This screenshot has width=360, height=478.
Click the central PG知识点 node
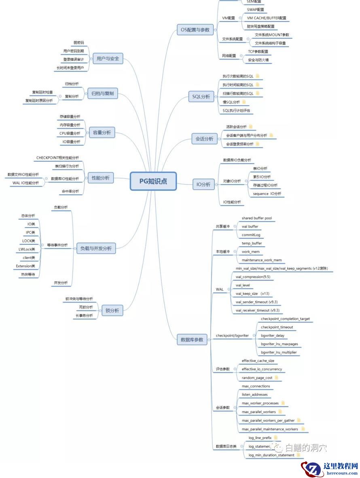click(153, 181)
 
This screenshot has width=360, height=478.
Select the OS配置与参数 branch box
click(196, 30)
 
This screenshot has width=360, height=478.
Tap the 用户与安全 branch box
click(107, 58)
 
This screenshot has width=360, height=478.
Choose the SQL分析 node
click(201, 96)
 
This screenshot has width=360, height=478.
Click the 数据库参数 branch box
click(192, 340)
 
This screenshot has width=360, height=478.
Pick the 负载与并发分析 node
click(96, 248)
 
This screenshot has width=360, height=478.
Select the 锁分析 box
click(112, 311)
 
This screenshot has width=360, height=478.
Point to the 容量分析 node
click(102, 132)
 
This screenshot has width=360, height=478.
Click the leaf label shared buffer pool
click(256, 218)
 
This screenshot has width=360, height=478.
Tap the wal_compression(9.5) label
click(253, 277)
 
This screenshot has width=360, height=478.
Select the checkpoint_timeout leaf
click(277, 327)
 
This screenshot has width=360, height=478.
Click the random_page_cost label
click(257, 378)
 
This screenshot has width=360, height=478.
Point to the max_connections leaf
click(256, 386)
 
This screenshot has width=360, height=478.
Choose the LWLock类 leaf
click(27, 249)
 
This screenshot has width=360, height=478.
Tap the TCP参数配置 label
click(258, 52)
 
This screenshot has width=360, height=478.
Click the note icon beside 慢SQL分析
click(244, 102)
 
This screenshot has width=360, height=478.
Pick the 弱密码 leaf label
click(78, 42)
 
